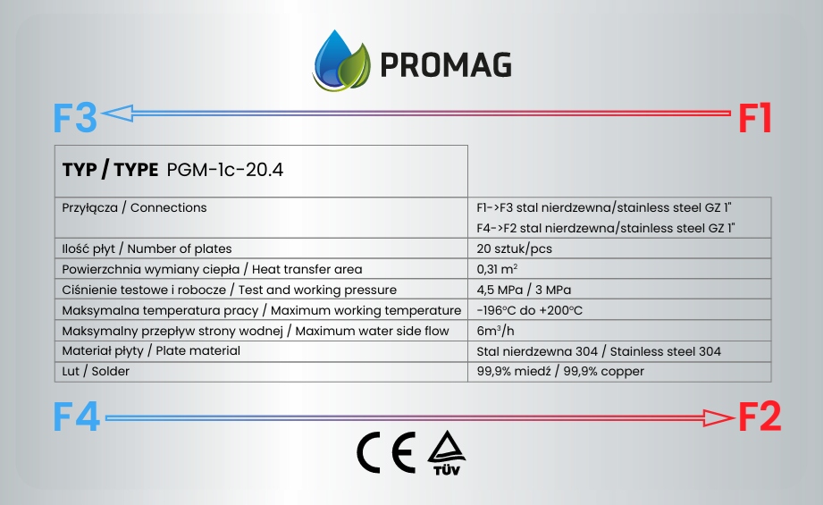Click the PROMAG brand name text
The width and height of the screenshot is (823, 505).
click(x=445, y=64)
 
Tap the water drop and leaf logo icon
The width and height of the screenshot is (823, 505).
click(x=341, y=60)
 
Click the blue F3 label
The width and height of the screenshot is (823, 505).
click(x=75, y=118)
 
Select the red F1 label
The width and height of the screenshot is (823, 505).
click(x=755, y=118)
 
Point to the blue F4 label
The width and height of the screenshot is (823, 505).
click(x=77, y=417)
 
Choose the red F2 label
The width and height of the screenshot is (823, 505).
click(x=760, y=417)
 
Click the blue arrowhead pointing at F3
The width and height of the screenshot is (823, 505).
click(x=117, y=113)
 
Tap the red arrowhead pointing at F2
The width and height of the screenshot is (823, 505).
click(x=718, y=418)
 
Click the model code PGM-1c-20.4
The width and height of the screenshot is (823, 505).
click(x=224, y=170)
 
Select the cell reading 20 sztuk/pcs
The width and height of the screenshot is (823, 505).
click(x=515, y=248)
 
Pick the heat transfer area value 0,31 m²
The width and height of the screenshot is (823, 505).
click(x=497, y=269)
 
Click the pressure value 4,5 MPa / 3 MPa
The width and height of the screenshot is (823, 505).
click(x=524, y=290)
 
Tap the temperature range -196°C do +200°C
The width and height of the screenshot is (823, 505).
click(x=530, y=310)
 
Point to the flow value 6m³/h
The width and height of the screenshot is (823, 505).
click(x=495, y=331)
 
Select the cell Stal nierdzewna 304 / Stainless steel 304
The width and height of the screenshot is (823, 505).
click(x=599, y=351)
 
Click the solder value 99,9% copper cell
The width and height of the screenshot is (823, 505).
click(x=560, y=371)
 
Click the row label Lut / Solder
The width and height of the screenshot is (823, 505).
click(x=96, y=371)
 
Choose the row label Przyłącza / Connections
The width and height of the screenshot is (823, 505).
click(x=134, y=208)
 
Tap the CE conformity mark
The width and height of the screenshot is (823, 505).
click(x=386, y=452)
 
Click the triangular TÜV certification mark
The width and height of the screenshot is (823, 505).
click(x=447, y=452)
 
